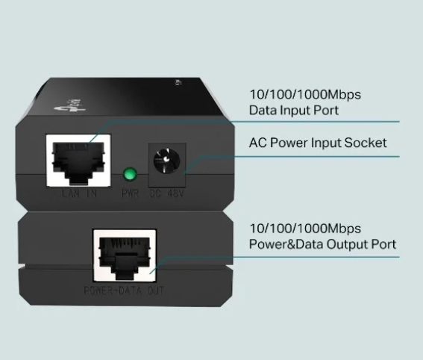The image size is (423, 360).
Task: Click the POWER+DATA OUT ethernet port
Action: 123,256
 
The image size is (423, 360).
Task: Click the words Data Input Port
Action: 294,111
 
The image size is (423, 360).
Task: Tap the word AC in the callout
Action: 257,142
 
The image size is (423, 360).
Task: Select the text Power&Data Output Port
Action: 322,244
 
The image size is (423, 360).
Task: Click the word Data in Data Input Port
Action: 262,111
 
